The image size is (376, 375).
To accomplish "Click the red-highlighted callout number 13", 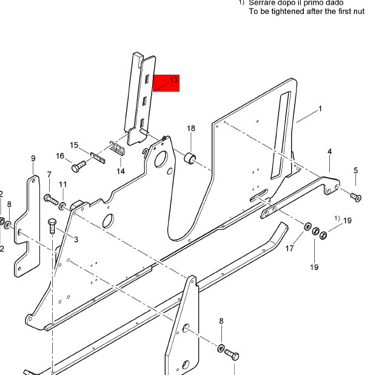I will click(x=173, y=80).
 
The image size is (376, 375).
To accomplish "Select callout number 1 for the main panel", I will click(x=320, y=109).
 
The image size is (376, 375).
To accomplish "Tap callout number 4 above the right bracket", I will click(x=329, y=151).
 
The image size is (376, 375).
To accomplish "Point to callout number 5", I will click(x=355, y=171).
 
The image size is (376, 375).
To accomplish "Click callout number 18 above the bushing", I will click(x=191, y=129).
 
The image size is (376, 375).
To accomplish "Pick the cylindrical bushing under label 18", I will click(x=190, y=159).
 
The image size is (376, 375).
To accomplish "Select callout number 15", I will click(x=74, y=146).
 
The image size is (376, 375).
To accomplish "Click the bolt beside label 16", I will click(x=77, y=166).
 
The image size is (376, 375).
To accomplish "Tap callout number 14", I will click(x=121, y=171).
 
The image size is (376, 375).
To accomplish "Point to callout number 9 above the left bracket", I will click(x=33, y=159).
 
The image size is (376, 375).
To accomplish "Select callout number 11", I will click(x=62, y=184).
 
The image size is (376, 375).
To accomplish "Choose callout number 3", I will click(x=76, y=240).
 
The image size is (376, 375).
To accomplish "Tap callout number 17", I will click(x=290, y=248).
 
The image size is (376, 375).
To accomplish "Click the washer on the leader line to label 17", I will click(x=307, y=227).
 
